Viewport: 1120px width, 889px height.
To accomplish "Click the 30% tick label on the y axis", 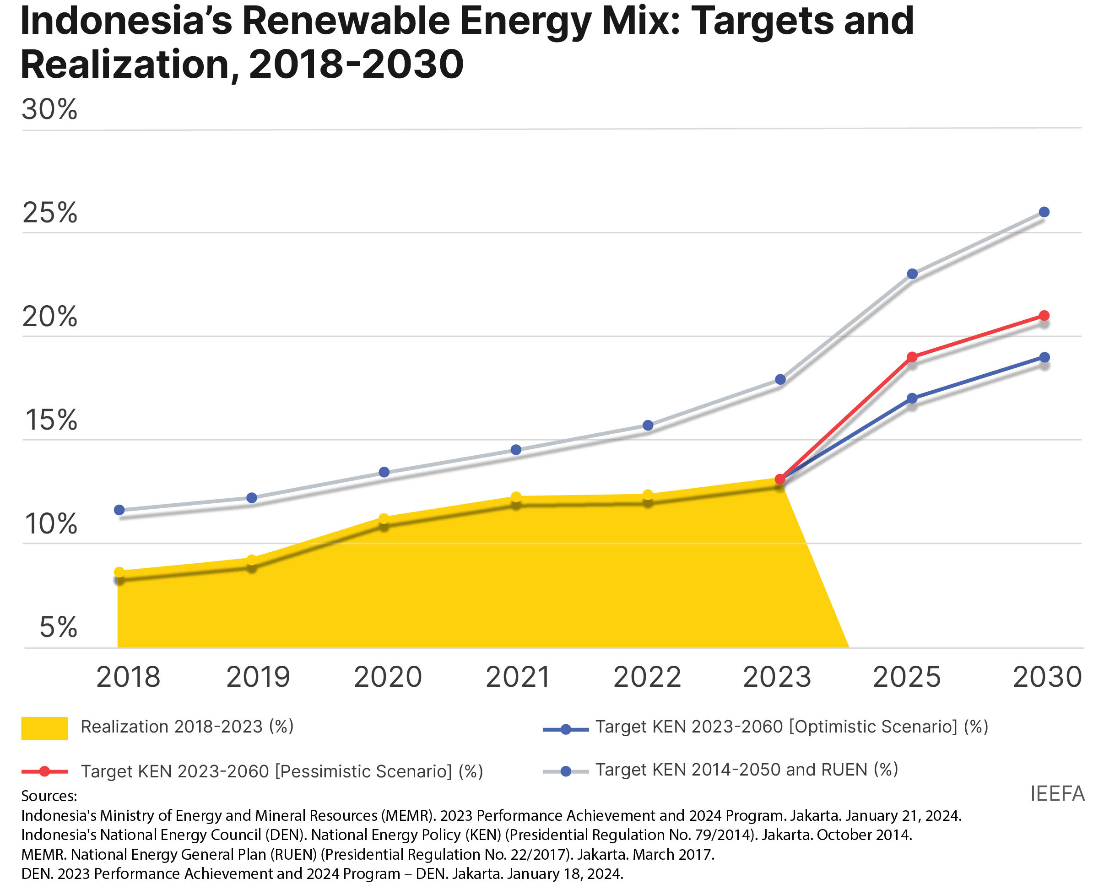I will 49,109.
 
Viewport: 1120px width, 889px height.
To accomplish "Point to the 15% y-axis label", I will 50,420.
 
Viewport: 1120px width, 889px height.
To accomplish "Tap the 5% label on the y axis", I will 58,627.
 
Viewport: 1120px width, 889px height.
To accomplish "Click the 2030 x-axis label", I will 1047,677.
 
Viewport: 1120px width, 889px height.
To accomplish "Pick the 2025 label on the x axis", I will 907,677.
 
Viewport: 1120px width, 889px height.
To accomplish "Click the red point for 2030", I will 1044,316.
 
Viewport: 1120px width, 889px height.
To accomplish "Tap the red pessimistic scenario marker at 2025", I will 912,357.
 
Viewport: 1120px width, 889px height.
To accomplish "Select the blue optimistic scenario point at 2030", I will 1044,357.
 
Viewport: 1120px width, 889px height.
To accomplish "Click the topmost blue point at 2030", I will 1044,212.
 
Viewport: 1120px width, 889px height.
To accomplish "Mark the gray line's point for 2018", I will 119,510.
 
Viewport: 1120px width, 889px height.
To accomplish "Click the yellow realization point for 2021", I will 516,497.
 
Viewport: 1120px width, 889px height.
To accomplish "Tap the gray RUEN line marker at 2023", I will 780,380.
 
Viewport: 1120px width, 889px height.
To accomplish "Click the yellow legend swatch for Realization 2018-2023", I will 44,728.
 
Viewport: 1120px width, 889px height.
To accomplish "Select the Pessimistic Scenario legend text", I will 282,771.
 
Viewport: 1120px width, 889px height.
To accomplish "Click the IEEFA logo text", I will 1058,794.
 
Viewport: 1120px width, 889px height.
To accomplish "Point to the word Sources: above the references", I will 49,796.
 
